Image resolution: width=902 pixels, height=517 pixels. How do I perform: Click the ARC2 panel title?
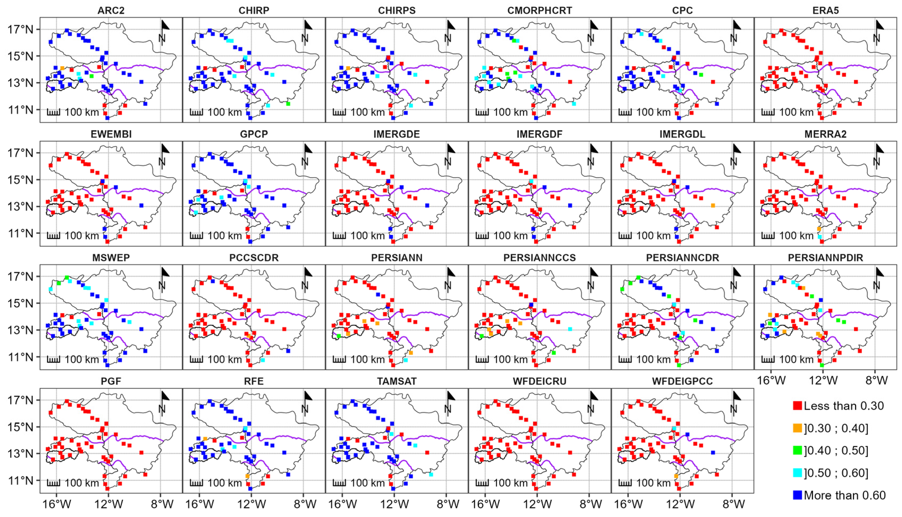(111, 11)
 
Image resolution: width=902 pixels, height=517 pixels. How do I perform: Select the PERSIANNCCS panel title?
(539, 258)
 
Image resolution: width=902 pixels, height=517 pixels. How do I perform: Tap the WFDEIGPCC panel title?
(682, 381)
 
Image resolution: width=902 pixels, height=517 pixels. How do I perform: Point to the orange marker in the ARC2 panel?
(62, 68)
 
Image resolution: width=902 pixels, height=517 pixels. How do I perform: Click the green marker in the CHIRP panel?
(288, 104)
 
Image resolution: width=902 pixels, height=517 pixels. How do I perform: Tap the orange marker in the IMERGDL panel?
(713, 205)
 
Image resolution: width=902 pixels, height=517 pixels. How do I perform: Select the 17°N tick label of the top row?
(21, 29)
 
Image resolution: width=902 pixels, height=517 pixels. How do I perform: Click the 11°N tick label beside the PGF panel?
(21, 480)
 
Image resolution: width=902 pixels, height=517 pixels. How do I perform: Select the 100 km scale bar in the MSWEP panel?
(53, 359)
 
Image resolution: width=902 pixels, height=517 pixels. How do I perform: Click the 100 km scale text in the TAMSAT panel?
(368, 483)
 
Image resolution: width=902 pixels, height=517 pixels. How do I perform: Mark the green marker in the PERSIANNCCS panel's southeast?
(554, 353)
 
